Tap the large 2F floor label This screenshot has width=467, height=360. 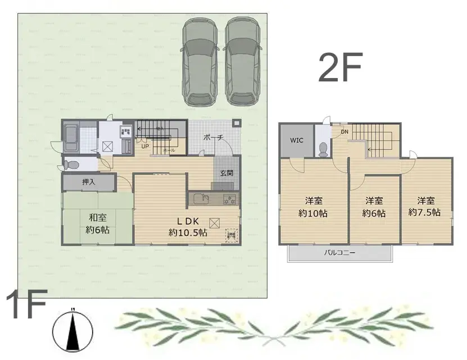pyautogui.click(x=341, y=68)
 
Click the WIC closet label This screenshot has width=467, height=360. pyautogui.click(x=297, y=140)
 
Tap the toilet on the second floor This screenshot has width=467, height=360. pyautogui.click(x=323, y=149)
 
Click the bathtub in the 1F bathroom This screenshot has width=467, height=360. pyautogui.click(x=70, y=138)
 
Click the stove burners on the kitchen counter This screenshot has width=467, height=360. pyautogui.click(x=229, y=199)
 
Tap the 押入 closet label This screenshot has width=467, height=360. pyautogui.click(x=89, y=182)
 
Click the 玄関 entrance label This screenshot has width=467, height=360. pyautogui.click(x=226, y=172)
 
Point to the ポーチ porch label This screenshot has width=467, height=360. pyautogui.click(x=214, y=137)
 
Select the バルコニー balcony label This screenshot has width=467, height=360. pyautogui.click(x=340, y=253)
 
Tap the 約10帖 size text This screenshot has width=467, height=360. pyautogui.click(x=313, y=213)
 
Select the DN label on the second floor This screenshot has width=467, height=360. pyautogui.click(x=344, y=132)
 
